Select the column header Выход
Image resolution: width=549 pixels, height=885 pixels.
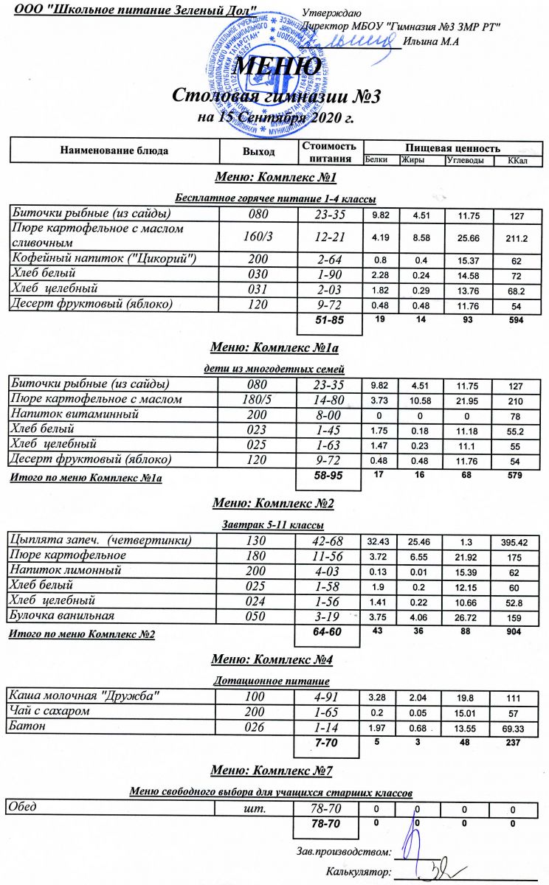(x=258, y=151)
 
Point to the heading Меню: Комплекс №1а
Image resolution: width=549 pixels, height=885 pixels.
(x=274, y=344)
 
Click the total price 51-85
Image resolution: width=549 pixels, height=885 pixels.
(x=328, y=319)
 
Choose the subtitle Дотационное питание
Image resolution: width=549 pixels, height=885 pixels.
(x=271, y=681)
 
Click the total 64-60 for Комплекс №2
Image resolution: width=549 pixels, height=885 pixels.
(x=328, y=632)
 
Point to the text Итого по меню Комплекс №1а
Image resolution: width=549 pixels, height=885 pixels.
(x=85, y=479)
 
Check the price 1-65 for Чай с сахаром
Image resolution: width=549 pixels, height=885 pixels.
(x=327, y=711)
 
